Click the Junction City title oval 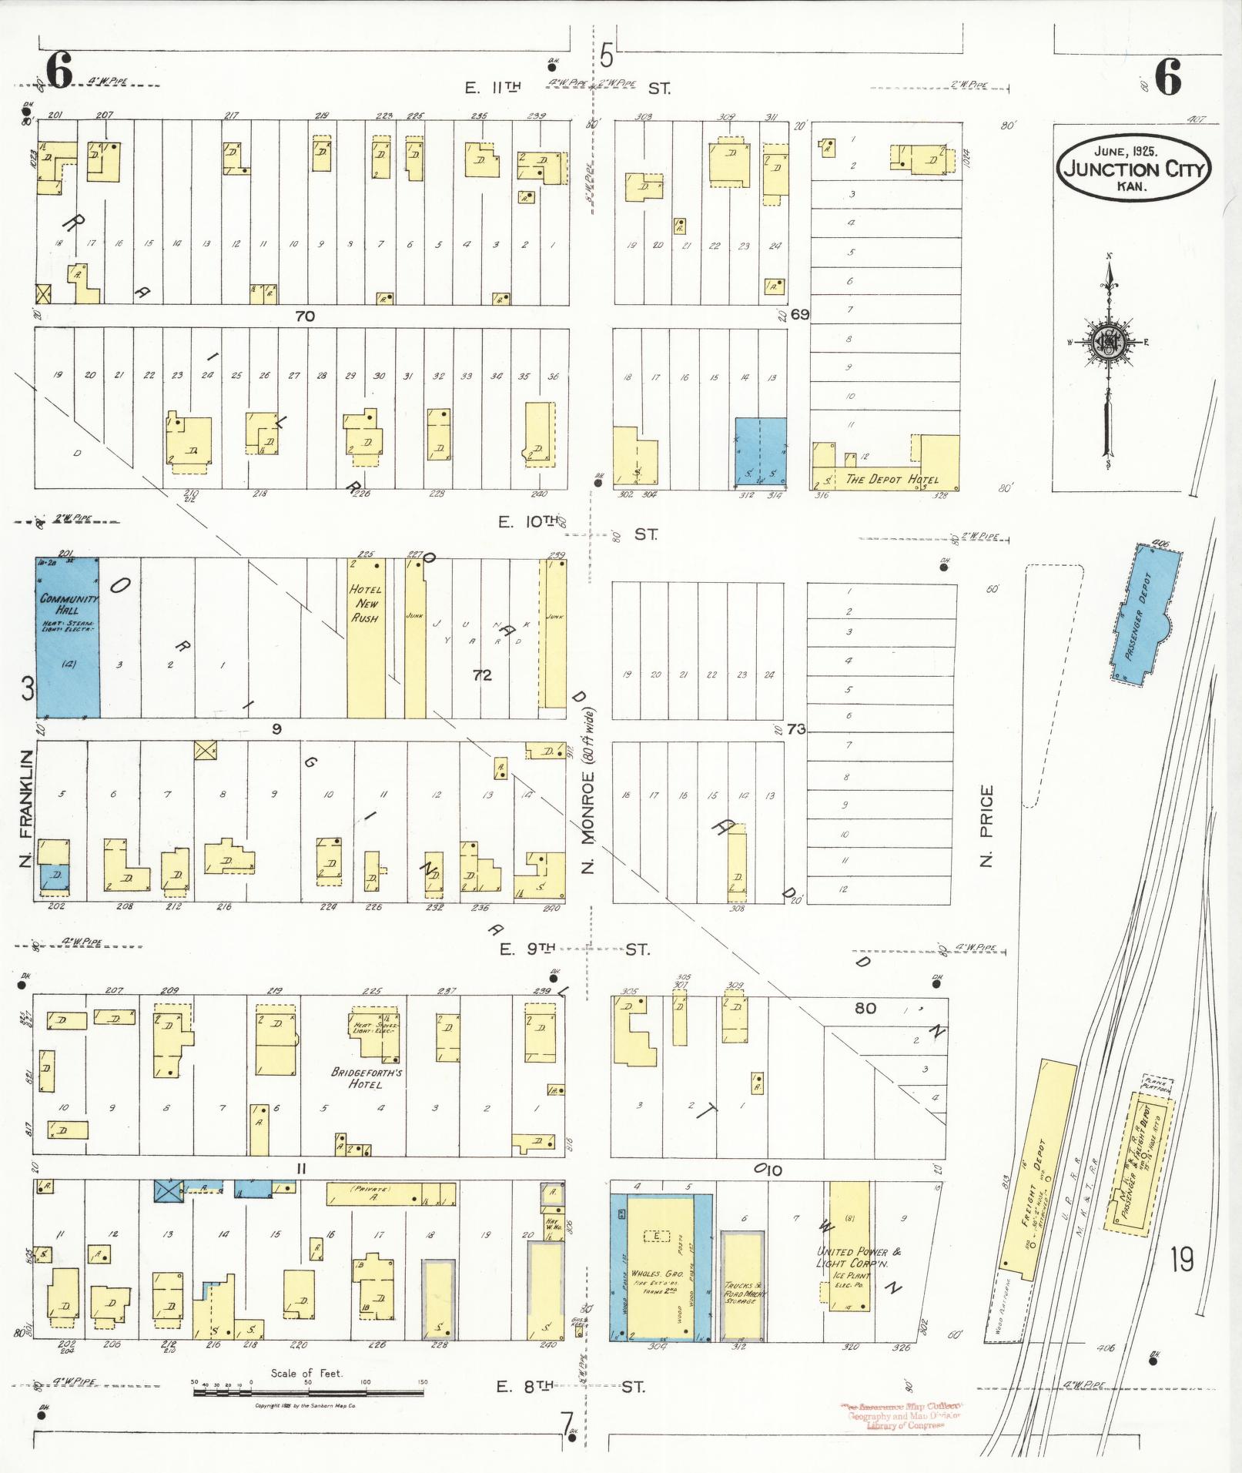pos(1133,169)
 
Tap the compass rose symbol pos(1108,341)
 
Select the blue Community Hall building pos(67,637)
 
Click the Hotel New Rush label pos(365,603)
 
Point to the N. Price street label pos(988,825)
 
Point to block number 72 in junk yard pos(482,676)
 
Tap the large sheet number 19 pos(1180,1260)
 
